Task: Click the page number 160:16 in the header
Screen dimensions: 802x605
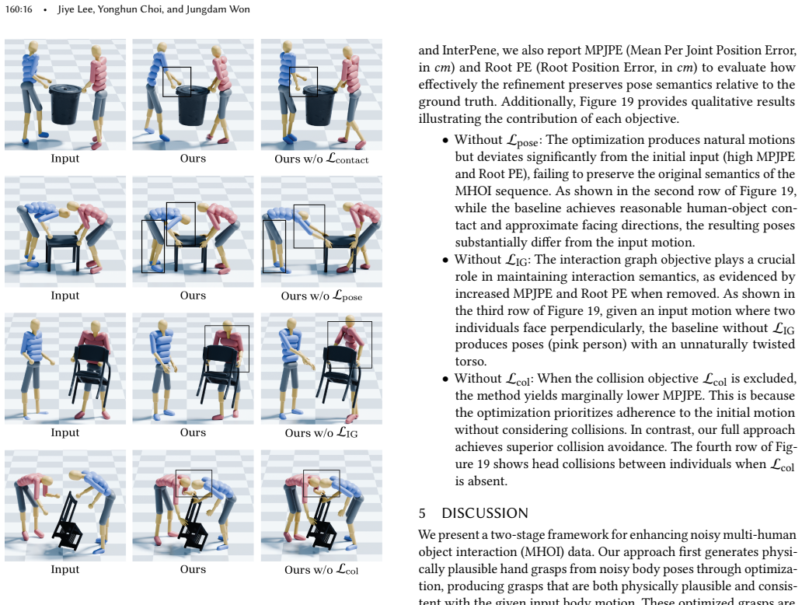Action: click(19, 9)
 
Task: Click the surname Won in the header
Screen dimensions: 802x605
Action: click(239, 9)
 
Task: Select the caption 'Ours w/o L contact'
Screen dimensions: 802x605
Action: click(321, 159)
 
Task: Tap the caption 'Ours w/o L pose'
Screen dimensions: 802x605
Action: click(321, 296)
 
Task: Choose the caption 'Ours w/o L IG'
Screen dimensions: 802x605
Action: click(321, 433)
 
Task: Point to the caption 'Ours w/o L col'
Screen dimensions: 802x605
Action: click(321, 570)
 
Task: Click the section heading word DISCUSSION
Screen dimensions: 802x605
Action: click(485, 513)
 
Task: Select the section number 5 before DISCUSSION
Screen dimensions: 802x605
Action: click(422, 513)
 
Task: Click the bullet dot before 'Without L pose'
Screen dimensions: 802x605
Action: click(445, 141)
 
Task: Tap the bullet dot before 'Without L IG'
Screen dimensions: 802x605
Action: click(445, 261)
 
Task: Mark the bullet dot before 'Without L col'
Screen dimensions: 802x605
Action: click(445, 379)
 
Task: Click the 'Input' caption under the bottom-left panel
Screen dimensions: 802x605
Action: click(65, 569)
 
